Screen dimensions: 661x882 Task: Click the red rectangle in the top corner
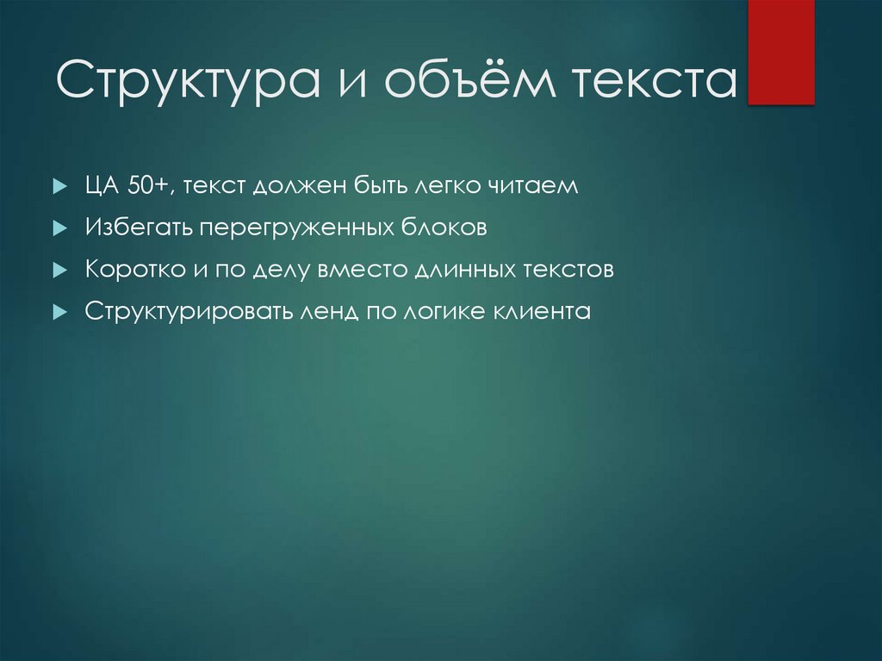(x=781, y=52)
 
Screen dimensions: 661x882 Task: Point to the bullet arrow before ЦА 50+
(x=59, y=187)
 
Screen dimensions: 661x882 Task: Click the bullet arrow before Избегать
(x=59, y=228)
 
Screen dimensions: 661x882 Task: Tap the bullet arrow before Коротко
(x=59, y=270)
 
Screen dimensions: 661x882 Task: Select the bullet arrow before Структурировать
(x=59, y=312)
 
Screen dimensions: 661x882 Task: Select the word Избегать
(x=139, y=228)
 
